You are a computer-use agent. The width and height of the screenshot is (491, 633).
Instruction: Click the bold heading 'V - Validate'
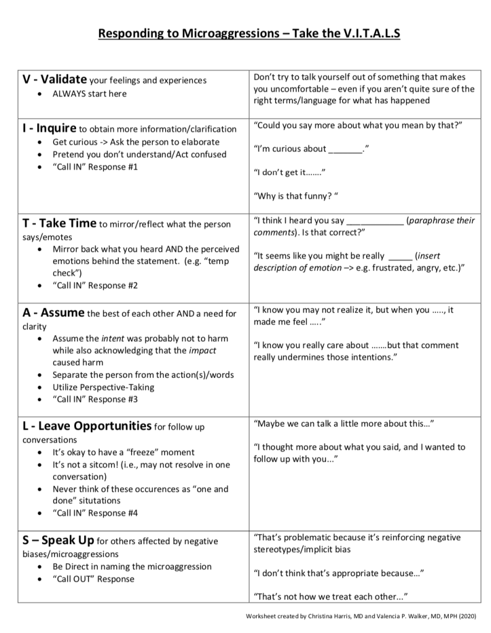54,79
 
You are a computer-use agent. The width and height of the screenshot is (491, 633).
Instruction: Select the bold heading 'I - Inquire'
49,129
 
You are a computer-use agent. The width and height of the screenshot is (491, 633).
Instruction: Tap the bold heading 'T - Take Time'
59,223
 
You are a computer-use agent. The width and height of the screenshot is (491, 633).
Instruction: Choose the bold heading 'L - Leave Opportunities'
87,426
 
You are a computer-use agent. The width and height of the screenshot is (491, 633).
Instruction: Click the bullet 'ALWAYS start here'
90,93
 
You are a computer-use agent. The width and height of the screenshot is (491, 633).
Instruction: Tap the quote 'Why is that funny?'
297,197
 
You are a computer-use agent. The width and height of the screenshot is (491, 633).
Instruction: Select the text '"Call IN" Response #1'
95,167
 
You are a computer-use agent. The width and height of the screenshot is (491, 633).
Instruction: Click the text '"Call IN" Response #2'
95,286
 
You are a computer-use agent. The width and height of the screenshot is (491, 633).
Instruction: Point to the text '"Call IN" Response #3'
95,399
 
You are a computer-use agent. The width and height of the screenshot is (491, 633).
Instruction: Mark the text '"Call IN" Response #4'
95,513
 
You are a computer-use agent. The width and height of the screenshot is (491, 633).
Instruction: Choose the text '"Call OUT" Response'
93,579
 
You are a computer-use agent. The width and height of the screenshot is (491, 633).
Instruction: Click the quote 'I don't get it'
289,172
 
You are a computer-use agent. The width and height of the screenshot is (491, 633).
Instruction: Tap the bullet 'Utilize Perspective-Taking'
103,387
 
